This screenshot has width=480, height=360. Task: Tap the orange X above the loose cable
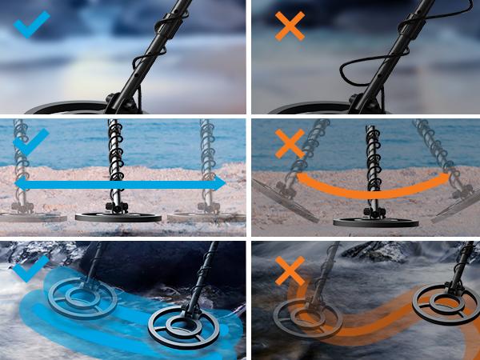(x=289, y=27)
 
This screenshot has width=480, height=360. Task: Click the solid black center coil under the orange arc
(x=376, y=219)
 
